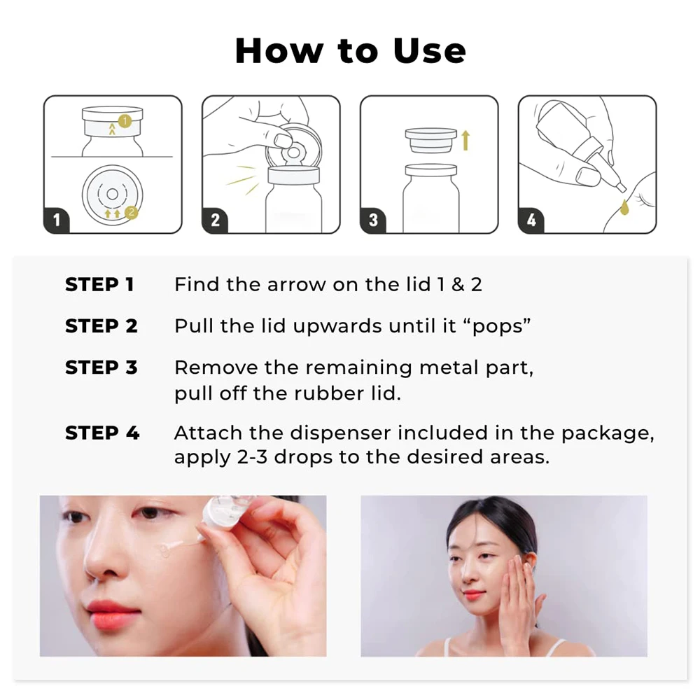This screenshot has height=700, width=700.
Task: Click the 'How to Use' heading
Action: click(x=351, y=51)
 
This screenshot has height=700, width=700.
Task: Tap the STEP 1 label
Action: click(x=99, y=284)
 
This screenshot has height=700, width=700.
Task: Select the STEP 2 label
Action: click(x=101, y=326)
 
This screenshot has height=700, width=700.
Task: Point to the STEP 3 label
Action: click(x=101, y=367)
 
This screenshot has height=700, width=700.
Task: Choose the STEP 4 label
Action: click(x=101, y=433)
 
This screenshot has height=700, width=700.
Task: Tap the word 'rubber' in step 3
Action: click(x=325, y=393)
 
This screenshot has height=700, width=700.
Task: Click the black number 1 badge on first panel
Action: click(x=56, y=220)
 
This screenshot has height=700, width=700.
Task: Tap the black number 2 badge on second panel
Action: click(x=215, y=220)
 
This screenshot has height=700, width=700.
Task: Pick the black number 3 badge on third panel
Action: click(x=373, y=220)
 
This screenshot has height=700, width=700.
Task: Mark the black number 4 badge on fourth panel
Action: click(x=531, y=220)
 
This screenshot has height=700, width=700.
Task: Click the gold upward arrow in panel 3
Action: click(x=465, y=140)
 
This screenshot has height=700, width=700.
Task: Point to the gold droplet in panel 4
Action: click(x=624, y=206)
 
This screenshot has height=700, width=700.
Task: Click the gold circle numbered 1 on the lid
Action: click(x=125, y=120)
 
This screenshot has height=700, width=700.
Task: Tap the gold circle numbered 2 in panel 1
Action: click(x=131, y=213)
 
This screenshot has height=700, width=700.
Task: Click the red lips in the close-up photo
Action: click(x=109, y=615)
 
